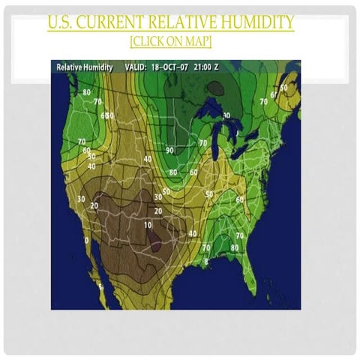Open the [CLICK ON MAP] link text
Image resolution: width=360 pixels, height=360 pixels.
tap(170, 40)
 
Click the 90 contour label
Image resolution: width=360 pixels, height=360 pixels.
tap(169, 150)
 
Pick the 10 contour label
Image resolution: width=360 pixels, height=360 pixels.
tap(148, 225)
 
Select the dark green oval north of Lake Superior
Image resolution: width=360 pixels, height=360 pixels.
tap(217, 88)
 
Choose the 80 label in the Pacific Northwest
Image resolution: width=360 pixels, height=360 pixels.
tap(86, 92)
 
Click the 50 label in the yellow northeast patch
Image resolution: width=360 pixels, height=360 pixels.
tap(283, 87)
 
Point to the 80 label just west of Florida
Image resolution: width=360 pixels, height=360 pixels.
tap(235, 247)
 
